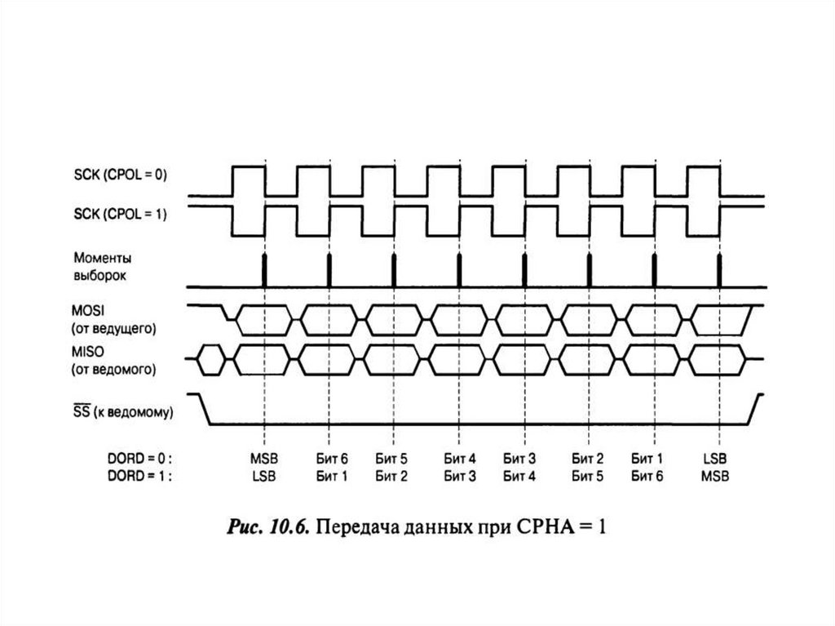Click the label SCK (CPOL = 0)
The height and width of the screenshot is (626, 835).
click(x=121, y=174)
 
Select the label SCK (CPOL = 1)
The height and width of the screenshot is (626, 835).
click(x=121, y=215)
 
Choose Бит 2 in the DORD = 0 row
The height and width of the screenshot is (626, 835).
click(x=587, y=460)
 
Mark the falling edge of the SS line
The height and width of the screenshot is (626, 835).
click(x=205, y=409)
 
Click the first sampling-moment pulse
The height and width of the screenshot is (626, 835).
click(x=264, y=270)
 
